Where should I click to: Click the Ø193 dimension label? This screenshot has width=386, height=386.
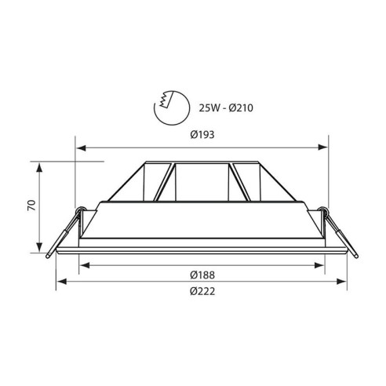[202, 134]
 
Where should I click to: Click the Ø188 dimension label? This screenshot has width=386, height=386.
[202, 275]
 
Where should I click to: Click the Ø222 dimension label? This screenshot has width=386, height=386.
[202, 291]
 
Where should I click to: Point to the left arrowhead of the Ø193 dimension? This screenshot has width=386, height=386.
[79, 146]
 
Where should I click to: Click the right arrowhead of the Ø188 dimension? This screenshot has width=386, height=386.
[321, 264]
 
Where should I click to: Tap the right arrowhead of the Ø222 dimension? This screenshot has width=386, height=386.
[343, 281]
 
